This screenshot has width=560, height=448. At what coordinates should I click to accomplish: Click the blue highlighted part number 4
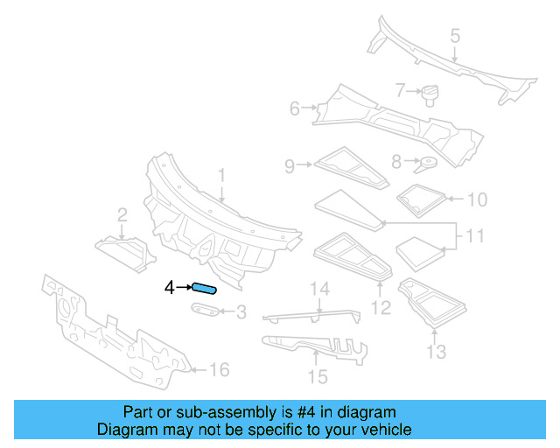point(204,287)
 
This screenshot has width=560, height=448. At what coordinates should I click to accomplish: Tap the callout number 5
point(455,36)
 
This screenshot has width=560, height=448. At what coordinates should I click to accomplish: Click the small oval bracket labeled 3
point(206,310)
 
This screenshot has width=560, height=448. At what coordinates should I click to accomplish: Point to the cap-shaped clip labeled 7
point(429,92)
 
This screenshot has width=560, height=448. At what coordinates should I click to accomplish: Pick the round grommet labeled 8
point(427,162)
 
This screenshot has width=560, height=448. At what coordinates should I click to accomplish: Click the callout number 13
point(436,352)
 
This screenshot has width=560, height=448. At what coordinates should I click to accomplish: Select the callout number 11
point(474,236)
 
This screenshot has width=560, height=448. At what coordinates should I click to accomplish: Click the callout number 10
point(476,200)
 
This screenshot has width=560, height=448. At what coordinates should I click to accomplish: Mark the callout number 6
point(296,108)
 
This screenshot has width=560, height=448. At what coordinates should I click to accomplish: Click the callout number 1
point(221,177)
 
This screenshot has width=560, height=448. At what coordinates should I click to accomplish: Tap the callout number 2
point(122,213)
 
